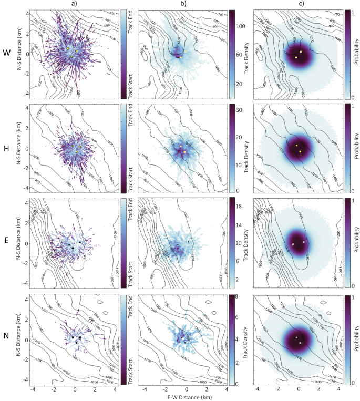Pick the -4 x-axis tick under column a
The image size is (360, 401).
[33, 389]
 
